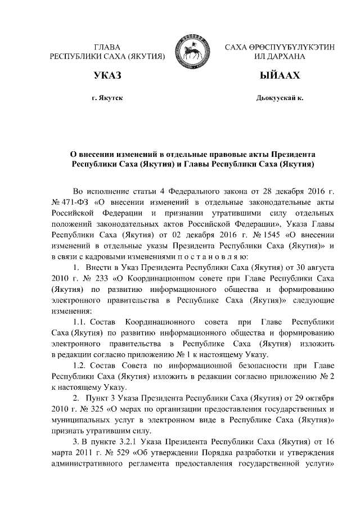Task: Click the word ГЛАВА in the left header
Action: coord(107,47)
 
